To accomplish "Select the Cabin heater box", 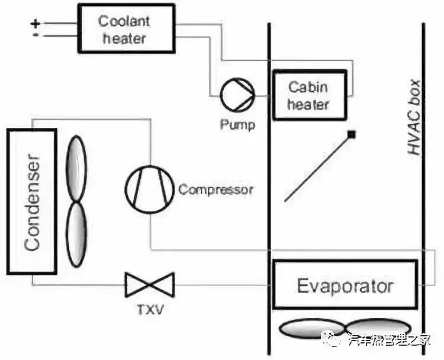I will coord(308,95).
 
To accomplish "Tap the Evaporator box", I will coord(345,287).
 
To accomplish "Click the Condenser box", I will coord(32,201).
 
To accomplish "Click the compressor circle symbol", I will coord(149,188).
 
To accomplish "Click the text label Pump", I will coord(237,125).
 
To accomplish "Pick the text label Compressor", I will coord(216,190).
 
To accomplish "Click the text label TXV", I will coord(149,309).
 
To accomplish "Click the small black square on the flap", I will coord(351,135).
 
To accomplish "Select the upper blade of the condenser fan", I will coord(76,168).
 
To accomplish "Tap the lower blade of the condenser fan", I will coord(76,234).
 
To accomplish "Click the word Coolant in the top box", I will coord(124,21).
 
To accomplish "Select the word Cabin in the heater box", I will coord(308,87).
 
